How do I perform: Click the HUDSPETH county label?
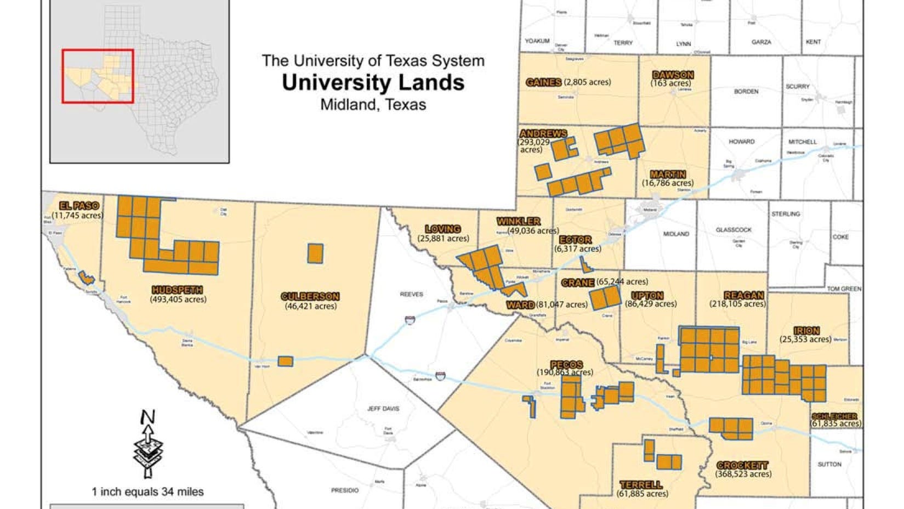177,290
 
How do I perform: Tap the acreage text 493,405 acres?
178,299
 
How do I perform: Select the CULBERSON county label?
310,296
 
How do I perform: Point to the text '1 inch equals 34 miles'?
147,491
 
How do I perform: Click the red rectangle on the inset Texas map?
98,76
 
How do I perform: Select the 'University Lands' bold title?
373,82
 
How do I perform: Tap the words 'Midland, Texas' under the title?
373,104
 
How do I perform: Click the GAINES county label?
543,82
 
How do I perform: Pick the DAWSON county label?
673,75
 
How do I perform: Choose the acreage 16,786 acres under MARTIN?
667,183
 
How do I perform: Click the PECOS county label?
566,364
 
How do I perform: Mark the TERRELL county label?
640,485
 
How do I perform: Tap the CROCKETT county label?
742,465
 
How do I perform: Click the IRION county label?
806,331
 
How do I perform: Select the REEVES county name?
411,295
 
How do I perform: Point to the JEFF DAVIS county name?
383,409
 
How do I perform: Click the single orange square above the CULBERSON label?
315,253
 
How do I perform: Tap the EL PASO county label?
79,206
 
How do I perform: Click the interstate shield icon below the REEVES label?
410,320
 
